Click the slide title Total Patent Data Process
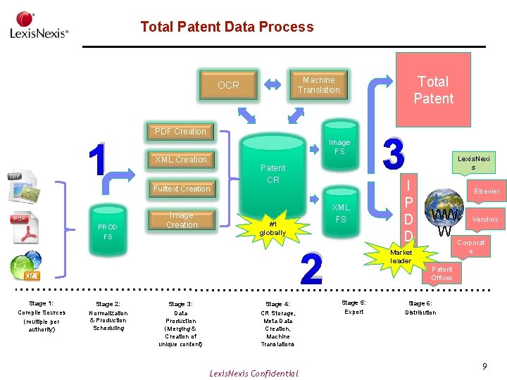[227, 27]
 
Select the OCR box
[228, 85]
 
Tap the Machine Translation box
[318, 85]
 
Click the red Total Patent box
[433, 90]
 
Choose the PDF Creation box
[180, 132]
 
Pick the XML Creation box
[181, 160]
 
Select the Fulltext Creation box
[181, 189]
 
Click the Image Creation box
[181, 220]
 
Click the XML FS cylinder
[341, 214]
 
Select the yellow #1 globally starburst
[273, 228]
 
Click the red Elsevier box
[487, 191]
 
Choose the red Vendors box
[485, 220]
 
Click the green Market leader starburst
[401, 255]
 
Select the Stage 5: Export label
[353, 307]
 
